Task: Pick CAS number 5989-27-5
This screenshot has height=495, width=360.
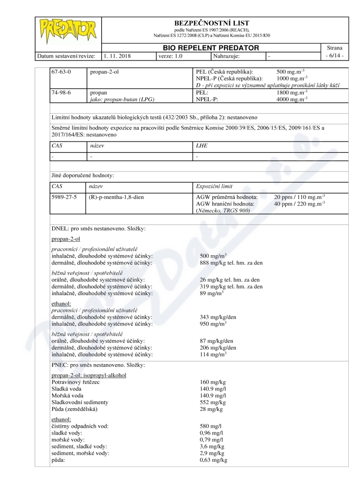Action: (x=64, y=197)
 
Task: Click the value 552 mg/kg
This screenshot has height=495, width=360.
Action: (x=212, y=402)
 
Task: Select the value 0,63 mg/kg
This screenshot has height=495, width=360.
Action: (x=213, y=460)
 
